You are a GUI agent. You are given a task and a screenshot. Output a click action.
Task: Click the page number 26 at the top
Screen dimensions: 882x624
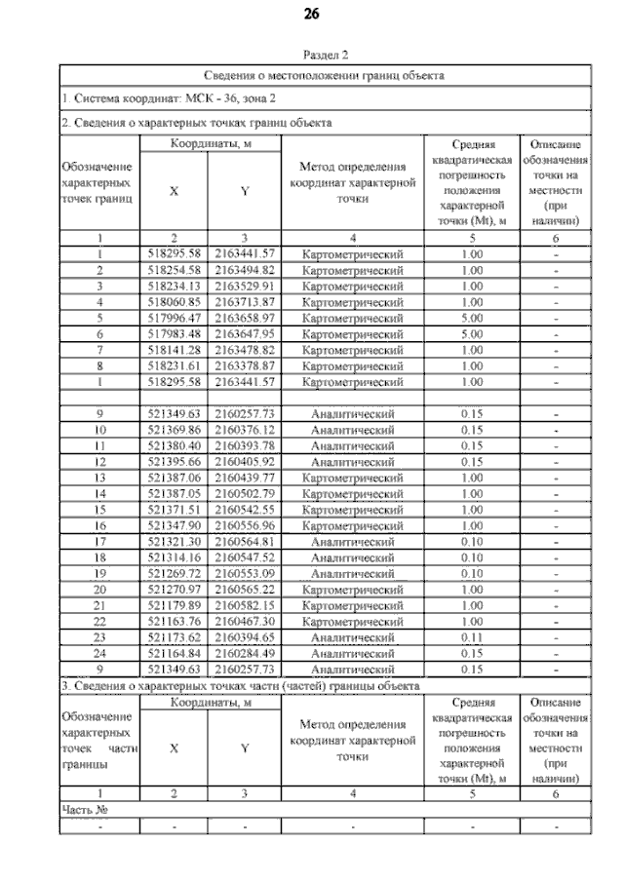coord(312,14)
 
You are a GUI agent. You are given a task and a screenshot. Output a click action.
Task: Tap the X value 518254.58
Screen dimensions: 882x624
coord(174,270)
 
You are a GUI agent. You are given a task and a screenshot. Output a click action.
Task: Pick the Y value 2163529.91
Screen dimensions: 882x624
coord(245,287)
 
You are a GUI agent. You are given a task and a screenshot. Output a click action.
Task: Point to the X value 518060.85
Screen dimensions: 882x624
coord(174,302)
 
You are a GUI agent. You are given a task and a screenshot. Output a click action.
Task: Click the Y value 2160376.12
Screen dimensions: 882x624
coord(245,430)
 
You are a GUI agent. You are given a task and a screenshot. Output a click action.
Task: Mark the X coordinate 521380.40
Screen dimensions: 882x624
coord(174,445)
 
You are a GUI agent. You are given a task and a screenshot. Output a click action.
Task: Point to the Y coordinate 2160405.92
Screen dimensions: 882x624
coord(245,462)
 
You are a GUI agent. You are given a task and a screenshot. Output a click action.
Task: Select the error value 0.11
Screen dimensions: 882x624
coord(472,637)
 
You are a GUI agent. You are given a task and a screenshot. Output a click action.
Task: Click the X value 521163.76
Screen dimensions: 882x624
coord(174,621)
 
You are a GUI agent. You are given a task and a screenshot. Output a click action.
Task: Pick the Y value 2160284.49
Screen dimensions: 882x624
coord(245,653)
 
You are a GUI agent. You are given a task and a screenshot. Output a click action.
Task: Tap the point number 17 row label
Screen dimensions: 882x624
coord(99,542)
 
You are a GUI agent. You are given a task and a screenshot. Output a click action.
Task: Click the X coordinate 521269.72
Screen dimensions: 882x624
coord(174,573)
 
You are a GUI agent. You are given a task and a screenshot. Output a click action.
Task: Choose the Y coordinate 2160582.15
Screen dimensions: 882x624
coord(245,605)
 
